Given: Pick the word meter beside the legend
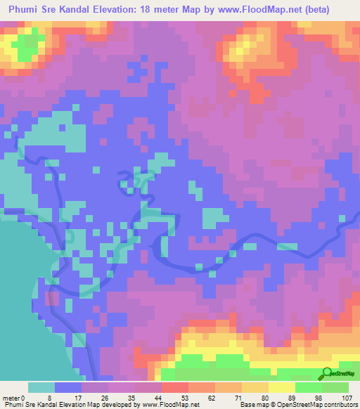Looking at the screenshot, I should click(11, 397).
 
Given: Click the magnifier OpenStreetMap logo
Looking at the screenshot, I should click(328, 373).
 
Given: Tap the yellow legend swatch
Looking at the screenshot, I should click(281, 387).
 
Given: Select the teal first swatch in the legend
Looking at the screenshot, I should click(41, 387).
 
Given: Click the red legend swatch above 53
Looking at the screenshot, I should click(174, 387).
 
